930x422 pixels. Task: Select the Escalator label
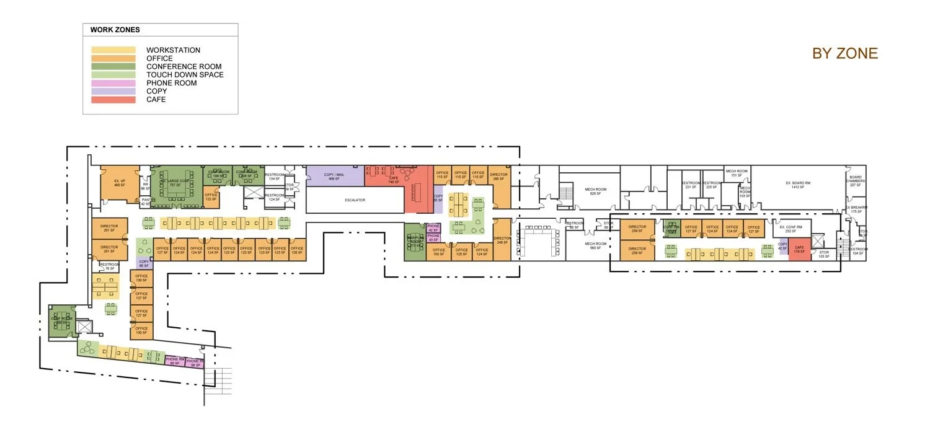pos(355,200)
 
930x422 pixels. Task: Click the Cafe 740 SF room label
pos(393,180)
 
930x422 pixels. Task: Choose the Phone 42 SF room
pos(433,228)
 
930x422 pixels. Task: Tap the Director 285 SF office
pos(498,177)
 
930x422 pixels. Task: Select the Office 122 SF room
pos(211,197)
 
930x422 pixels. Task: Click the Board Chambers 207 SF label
pos(856,181)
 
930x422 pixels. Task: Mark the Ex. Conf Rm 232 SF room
pos(790,229)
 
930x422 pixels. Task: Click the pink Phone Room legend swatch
pos(113,83)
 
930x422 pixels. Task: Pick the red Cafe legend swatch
pos(113,99)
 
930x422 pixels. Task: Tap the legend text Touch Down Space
pos(185,75)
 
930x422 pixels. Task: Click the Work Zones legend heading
pos(115,30)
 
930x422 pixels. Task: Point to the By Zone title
pos(845,54)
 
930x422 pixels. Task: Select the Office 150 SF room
pos(439,252)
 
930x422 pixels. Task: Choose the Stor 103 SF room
pos(824,254)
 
